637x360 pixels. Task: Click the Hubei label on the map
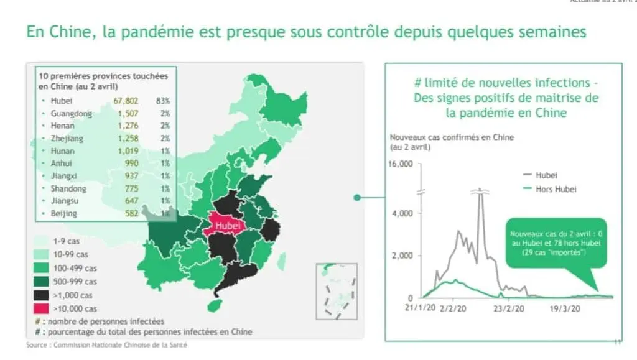pos(227,226)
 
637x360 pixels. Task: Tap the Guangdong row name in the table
pos(71,114)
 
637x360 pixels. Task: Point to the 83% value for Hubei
pos(163,100)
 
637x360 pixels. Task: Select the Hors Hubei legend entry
pos(555,189)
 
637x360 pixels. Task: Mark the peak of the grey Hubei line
pos(480,189)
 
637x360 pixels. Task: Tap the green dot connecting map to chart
pos(357,198)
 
